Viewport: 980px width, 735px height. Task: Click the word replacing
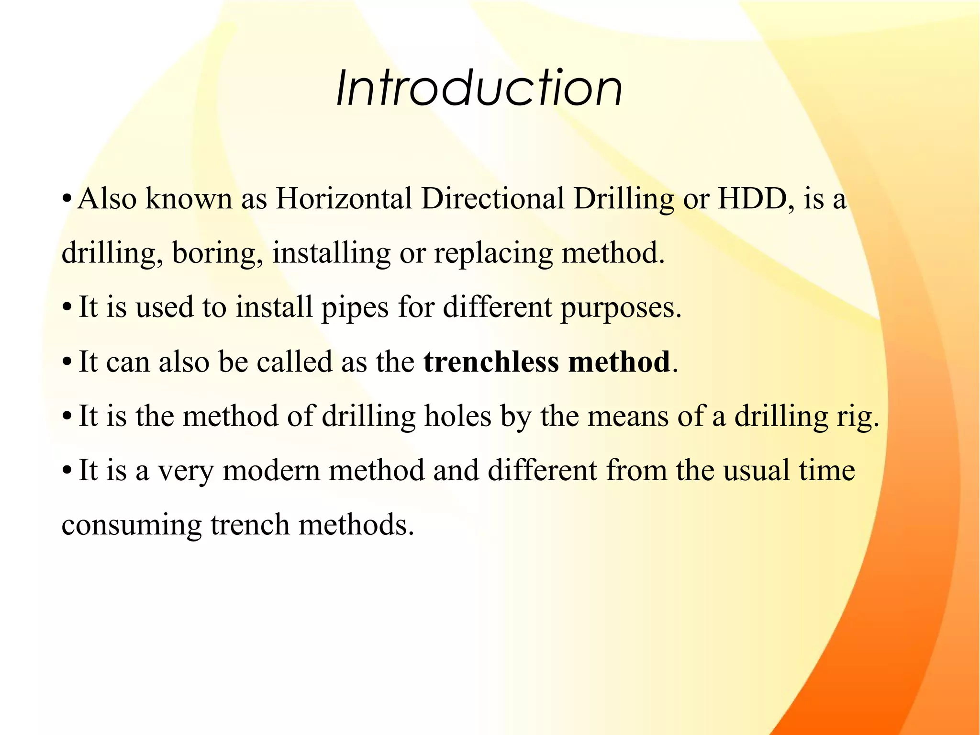click(x=493, y=253)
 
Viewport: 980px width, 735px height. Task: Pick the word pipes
click(x=355, y=308)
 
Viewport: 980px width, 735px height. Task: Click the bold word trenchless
click(x=491, y=362)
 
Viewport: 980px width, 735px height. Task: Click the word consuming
click(x=132, y=525)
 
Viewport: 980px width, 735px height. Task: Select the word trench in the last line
click(x=250, y=525)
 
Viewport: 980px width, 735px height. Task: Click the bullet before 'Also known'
click(x=67, y=199)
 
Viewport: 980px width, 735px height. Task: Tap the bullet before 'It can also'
click(x=67, y=362)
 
